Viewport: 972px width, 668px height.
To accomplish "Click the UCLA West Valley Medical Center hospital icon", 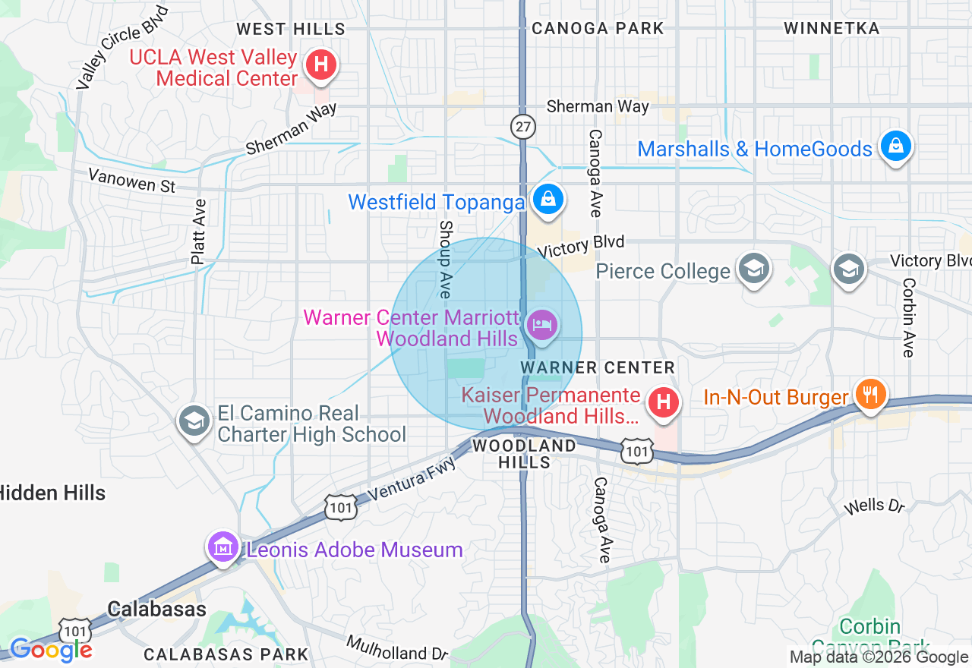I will point(321,65).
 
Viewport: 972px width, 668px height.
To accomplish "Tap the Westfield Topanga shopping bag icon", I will point(546,200).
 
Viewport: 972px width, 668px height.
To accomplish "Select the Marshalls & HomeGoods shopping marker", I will point(895,147).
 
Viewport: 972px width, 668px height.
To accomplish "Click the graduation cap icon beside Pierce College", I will point(754,269).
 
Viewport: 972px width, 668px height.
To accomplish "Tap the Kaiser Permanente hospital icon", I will point(664,402).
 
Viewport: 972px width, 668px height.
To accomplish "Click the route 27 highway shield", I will point(523,127).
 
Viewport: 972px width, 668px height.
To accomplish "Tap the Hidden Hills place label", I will point(52,493).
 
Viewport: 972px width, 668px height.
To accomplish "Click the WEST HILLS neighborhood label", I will point(290,30).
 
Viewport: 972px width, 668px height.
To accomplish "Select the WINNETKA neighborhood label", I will point(832,29).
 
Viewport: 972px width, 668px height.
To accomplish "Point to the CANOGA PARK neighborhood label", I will point(598,29).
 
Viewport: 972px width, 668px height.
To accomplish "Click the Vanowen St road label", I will point(131,181).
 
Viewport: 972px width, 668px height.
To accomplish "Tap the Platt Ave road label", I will point(199,232).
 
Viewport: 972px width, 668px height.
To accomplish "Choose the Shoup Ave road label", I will point(446,260).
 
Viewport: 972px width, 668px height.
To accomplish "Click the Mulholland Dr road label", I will point(398,648).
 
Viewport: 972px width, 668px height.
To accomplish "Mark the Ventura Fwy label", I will point(415,480).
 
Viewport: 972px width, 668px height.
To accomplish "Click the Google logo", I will point(51,650).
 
